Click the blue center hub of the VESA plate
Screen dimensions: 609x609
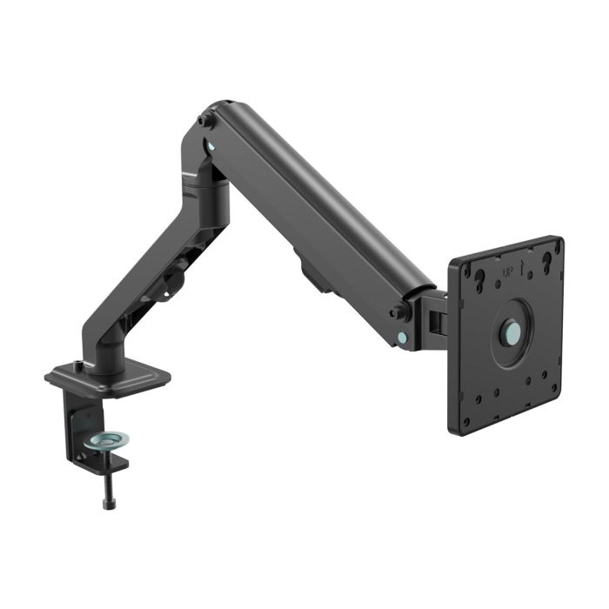coord(512,332)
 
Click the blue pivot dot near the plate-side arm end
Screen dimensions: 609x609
coord(402,336)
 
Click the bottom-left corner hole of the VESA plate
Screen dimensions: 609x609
coord(466,421)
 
